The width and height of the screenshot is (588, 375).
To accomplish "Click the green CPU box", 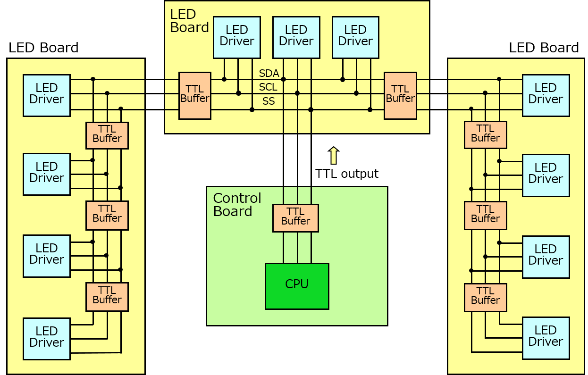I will tap(297, 286).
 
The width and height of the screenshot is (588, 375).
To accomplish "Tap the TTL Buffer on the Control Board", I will tap(295, 218).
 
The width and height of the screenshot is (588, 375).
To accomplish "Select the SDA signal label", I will tap(269, 74).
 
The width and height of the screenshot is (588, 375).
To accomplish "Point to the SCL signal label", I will tap(268, 87).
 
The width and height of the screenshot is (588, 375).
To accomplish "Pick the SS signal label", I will tap(269, 101).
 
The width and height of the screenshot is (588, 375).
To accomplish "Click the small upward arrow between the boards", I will tap(334, 155).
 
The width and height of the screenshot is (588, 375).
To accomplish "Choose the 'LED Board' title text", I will tap(189, 21).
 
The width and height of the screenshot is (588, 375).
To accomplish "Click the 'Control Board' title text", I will tap(237, 204).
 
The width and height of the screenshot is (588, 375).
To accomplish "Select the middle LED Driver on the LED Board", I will tap(296, 37).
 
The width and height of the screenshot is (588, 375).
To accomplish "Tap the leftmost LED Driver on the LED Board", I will tap(237, 37).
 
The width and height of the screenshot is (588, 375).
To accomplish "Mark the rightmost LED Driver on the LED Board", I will tap(355, 37).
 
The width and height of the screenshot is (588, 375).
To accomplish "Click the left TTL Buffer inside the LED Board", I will tap(194, 95).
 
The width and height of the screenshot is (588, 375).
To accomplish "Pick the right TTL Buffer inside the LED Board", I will tap(400, 95).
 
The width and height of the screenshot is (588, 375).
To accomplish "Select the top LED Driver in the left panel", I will tap(47, 95).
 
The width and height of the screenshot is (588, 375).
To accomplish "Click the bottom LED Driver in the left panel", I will tap(47, 339).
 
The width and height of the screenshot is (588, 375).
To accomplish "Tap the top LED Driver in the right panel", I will tap(546, 95).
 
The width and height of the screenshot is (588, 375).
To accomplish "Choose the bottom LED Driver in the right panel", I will tap(546, 338).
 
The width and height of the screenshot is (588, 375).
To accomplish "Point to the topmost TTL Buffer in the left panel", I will tap(107, 135).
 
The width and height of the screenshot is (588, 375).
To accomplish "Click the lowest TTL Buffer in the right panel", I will tap(485, 297).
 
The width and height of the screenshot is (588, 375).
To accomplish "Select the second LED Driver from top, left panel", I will tap(47, 174).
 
